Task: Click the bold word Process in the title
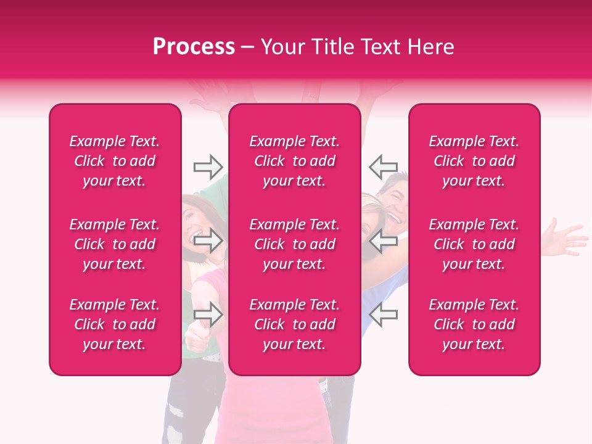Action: [x=194, y=47]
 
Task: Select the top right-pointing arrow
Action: [x=208, y=166]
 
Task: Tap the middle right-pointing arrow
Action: [x=208, y=241]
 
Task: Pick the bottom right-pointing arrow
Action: [x=208, y=314]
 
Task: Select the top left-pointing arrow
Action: [x=383, y=166]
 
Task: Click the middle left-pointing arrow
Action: [x=383, y=241]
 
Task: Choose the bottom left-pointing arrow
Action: [x=383, y=314]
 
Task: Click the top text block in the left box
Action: [x=115, y=161]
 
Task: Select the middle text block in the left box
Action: [x=115, y=244]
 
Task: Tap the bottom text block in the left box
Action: [x=115, y=324]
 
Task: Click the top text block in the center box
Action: [x=294, y=161]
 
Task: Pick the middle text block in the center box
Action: [x=294, y=244]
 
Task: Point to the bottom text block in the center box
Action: [x=294, y=324]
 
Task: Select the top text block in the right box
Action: [x=474, y=161]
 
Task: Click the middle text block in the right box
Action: [x=474, y=244]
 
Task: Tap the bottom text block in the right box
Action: [x=474, y=324]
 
